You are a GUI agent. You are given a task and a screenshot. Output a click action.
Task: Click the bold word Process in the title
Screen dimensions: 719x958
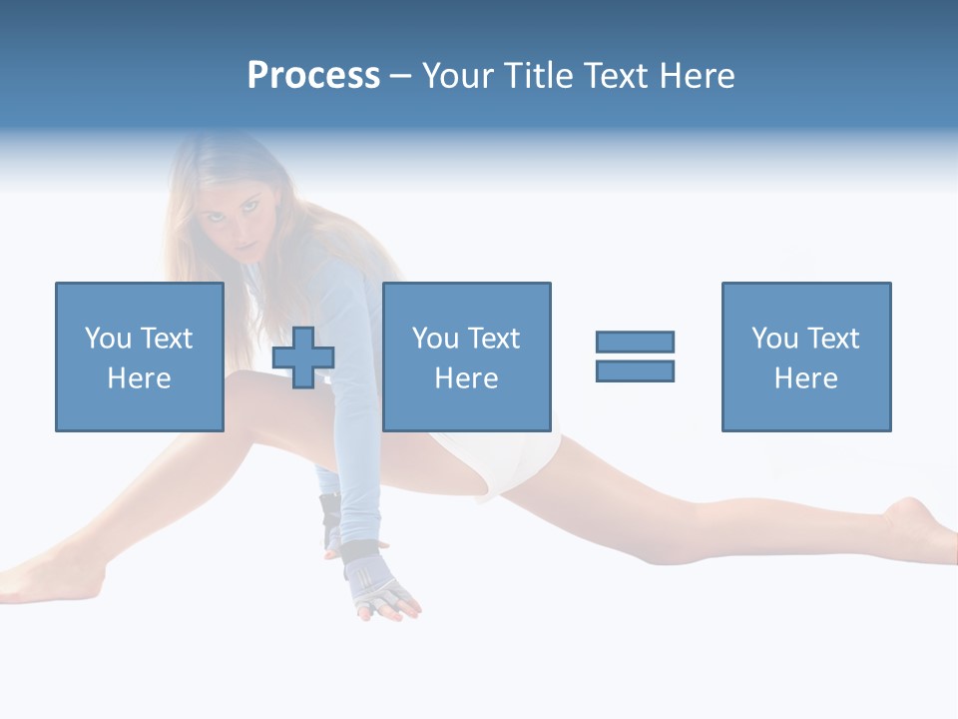coord(313,76)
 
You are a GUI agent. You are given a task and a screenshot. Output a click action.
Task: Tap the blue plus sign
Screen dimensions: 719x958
coord(303,358)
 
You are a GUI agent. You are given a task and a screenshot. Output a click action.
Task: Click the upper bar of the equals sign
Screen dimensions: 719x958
coord(635,342)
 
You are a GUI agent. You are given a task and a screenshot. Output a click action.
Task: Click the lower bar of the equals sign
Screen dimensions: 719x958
coord(635,370)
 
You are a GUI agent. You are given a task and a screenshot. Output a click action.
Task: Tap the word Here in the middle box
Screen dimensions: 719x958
coord(466,378)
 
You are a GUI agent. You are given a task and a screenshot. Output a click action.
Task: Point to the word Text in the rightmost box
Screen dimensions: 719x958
coord(833,339)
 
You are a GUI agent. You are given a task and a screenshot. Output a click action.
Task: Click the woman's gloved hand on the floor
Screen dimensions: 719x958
coord(383,594)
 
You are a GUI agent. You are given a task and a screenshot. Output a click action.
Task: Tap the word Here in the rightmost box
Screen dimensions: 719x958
coord(806,378)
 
